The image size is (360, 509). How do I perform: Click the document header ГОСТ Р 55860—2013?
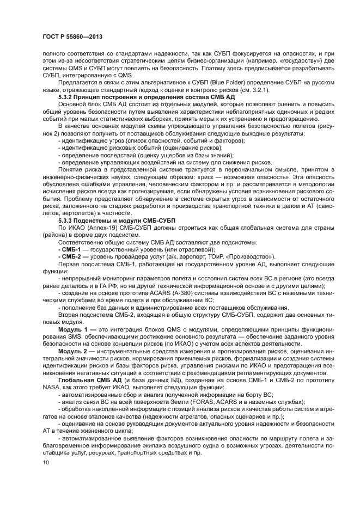(72, 36)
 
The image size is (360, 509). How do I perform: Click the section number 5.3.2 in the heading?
(67, 96)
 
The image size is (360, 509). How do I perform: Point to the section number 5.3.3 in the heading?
(67, 220)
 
